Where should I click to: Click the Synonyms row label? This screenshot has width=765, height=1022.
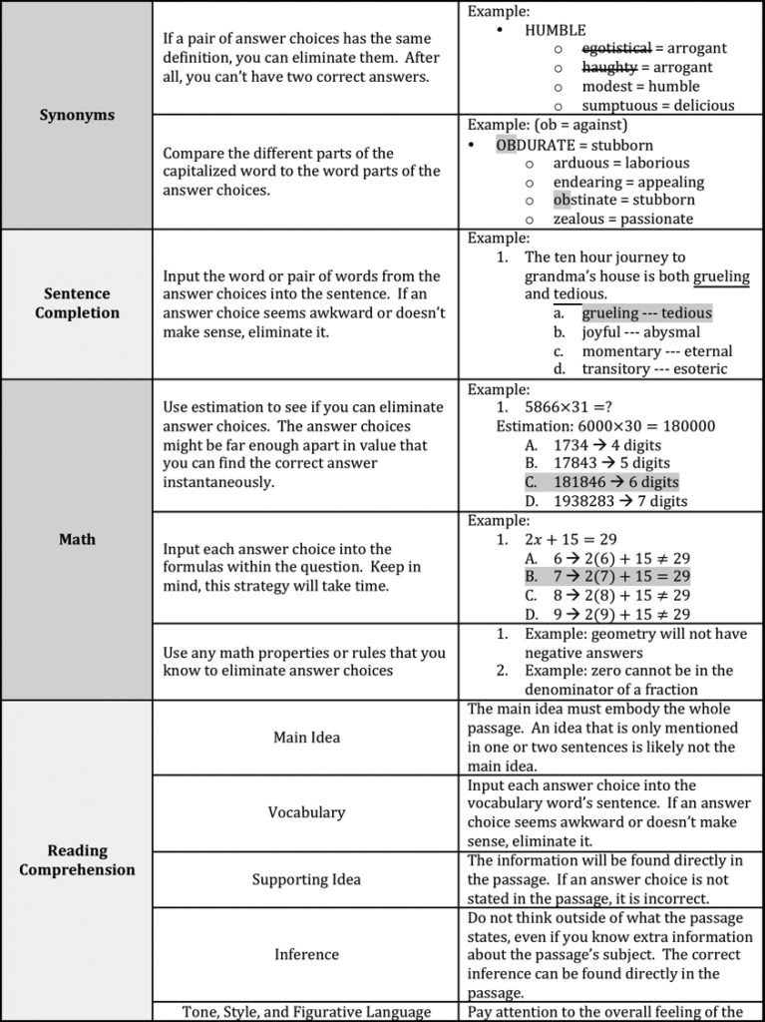point(77,115)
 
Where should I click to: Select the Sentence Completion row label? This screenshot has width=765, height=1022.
point(77,303)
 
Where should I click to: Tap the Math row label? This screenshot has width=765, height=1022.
point(77,539)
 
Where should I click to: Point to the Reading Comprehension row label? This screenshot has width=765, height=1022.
point(77,859)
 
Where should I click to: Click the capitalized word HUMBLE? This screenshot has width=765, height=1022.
point(556,30)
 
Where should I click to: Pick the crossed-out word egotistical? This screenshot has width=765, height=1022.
point(616,48)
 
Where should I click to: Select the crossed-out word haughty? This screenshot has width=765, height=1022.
point(609,67)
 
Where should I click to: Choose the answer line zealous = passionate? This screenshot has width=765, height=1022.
point(623,220)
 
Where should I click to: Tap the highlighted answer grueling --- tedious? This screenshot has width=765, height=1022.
point(646,313)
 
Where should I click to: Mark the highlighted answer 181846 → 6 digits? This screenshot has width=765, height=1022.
point(615,482)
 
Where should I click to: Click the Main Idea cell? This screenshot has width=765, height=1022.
point(306,738)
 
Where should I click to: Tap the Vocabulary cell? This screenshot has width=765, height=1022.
point(306,812)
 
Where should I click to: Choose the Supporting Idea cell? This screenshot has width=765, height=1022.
point(306,879)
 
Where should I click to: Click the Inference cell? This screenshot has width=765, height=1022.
point(306,954)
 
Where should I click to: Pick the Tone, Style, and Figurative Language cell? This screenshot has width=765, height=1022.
point(306,1012)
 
